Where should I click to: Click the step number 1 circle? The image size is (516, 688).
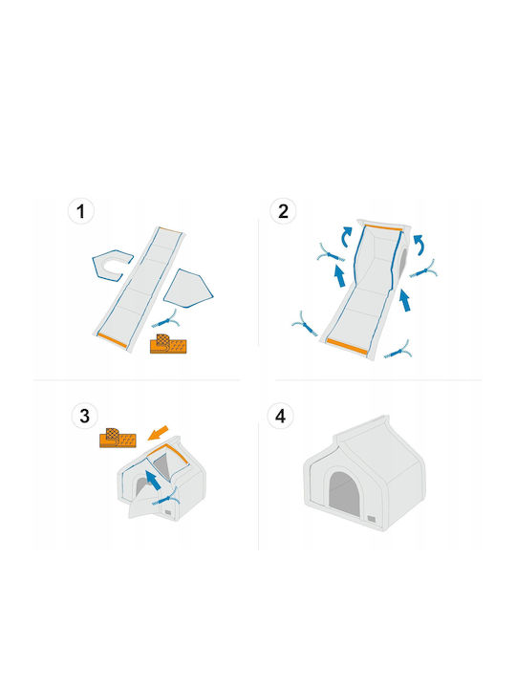point(80,211)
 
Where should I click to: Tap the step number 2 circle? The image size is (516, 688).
point(283,211)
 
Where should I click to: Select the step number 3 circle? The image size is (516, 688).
point(85,416)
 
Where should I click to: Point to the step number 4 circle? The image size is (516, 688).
point(280,416)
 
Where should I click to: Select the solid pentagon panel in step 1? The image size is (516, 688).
point(188,289)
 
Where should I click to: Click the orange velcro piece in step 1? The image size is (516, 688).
point(168,344)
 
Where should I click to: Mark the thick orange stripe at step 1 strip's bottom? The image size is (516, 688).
point(112,340)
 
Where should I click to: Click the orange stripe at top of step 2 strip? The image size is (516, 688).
point(383,227)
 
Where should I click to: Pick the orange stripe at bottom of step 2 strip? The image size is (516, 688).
point(346,347)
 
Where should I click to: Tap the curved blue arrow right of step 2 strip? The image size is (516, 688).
point(419,244)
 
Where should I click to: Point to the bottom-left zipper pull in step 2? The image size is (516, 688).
point(305,325)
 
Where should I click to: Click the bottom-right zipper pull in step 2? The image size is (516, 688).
point(398,351)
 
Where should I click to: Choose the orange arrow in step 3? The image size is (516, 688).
point(158,433)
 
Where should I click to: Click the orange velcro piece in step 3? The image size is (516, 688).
point(118,438)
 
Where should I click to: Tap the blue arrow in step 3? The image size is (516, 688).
point(153,481)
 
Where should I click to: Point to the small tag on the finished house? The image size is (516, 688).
point(372,519)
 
